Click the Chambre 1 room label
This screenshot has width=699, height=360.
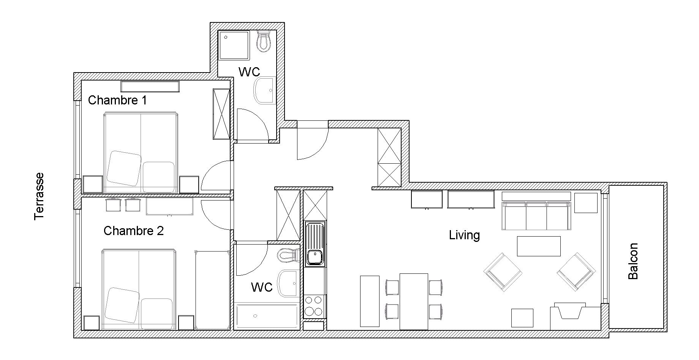pos(117,100)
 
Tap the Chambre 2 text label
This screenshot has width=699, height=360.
pos(133,231)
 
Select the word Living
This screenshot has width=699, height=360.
pos(464,235)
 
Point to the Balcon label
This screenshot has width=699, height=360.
pos(633,261)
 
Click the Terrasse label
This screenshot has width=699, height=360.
pos(39,196)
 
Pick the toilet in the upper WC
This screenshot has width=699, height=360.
pos(264,41)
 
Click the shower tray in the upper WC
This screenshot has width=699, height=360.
pos(234,45)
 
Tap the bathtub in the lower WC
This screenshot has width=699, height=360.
pos(267,316)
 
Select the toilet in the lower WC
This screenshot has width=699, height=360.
pos(287,255)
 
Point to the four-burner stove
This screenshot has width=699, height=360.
pos(315,306)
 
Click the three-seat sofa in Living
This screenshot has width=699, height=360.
pos(536,216)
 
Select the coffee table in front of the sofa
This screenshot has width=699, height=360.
pos(539,246)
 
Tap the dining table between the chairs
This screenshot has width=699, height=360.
pos(414,302)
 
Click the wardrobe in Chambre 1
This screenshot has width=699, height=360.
pos(221,114)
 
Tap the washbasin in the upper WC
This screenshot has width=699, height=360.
pos(264,90)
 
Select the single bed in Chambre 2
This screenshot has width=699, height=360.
pos(212,290)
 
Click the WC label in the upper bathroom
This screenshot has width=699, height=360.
pos(249,72)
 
